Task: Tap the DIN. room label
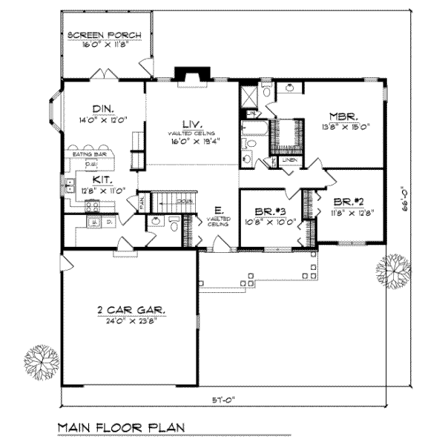(102, 109)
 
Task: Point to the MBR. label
(344, 116)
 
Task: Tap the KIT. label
(102, 179)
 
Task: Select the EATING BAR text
(88, 154)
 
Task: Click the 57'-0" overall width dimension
(234, 400)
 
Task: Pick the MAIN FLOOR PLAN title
(121, 428)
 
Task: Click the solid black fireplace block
(185, 73)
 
